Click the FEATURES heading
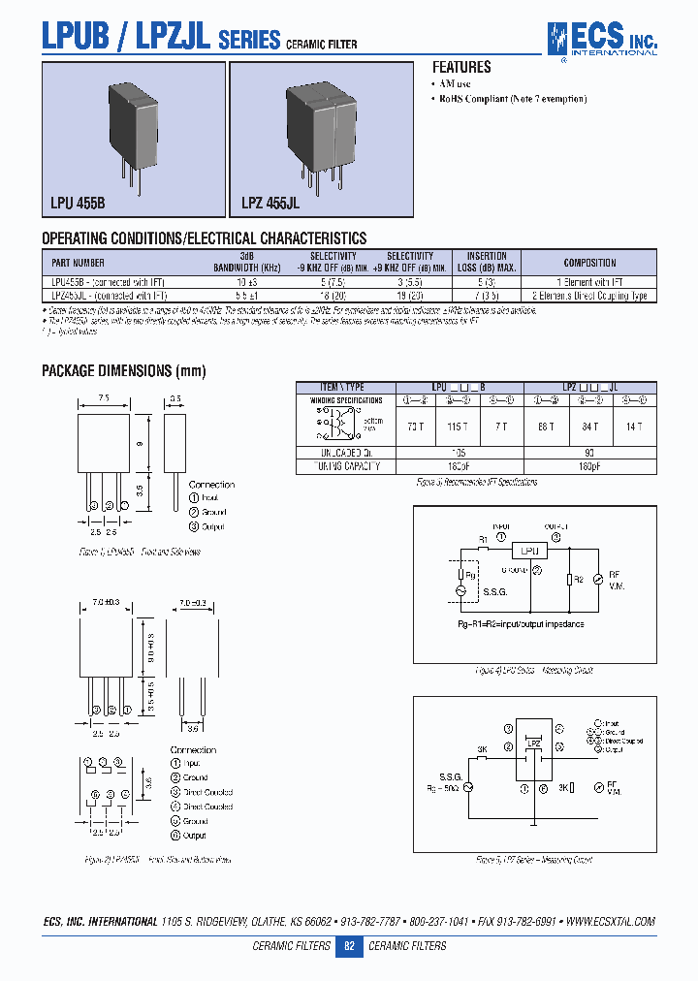click(x=461, y=68)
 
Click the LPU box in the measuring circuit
click(x=529, y=550)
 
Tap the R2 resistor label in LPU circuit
click(x=578, y=579)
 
